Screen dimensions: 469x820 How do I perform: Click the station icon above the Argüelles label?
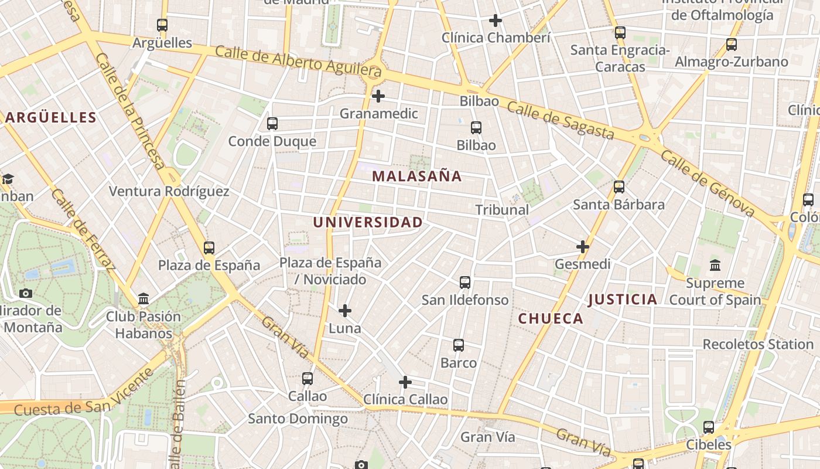[162, 25]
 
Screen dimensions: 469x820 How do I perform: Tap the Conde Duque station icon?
[272, 124]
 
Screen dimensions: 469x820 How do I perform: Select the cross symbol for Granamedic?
[378, 96]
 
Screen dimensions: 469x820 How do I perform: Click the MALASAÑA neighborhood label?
[417, 176]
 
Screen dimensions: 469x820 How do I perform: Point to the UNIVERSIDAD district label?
[368, 222]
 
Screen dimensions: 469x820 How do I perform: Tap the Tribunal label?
[502, 209]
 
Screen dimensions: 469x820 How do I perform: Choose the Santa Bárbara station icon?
[619, 187]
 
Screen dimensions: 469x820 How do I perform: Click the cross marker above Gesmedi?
[582, 247]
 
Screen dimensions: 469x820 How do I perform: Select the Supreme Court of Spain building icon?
[715, 266]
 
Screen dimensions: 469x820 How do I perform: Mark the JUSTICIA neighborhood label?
[623, 300]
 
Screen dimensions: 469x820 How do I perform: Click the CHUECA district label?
[551, 318]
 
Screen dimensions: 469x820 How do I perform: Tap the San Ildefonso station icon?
[465, 283]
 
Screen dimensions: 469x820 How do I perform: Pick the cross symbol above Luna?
[345, 310]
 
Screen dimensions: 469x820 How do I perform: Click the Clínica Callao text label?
[405, 399]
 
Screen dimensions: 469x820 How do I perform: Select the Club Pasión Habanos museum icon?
[143, 299]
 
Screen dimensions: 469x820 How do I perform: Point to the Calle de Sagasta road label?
[561, 121]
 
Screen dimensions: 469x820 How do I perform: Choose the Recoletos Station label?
[758, 344]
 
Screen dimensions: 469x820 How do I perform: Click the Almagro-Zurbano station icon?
[732, 44]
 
